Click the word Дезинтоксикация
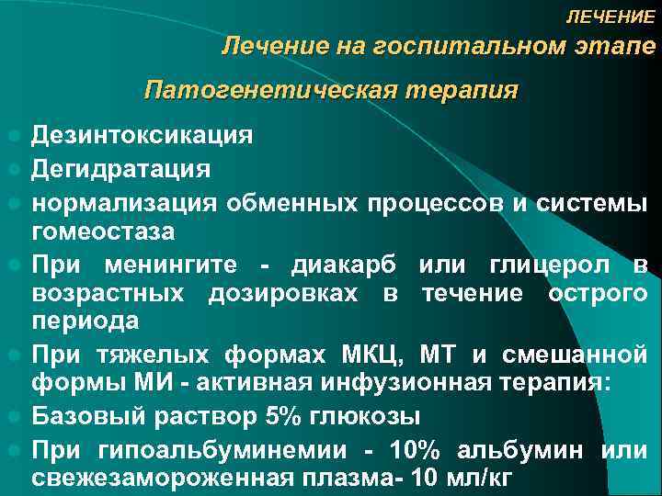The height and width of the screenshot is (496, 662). click(x=142, y=136)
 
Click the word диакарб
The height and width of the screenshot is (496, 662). click(x=344, y=265)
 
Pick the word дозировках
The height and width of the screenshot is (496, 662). click(x=286, y=293)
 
